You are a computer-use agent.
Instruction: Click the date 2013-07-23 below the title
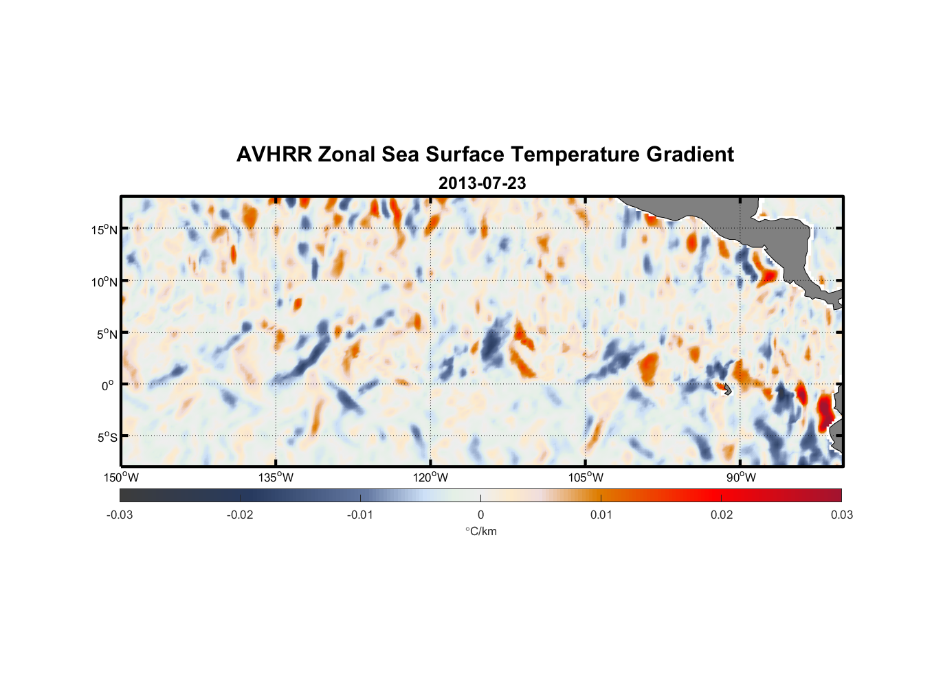point(482,183)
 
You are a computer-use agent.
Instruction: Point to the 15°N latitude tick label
point(104,229)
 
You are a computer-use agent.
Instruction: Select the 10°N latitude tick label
point(104,282)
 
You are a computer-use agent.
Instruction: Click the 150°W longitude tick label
point(122,477)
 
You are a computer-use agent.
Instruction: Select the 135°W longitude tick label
point(276,477)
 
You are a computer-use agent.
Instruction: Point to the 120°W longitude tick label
point(431,477)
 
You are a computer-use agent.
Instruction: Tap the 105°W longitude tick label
point(586,477)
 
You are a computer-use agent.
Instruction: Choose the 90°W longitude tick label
point(741,477)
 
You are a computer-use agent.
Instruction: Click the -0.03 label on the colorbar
point(120,515)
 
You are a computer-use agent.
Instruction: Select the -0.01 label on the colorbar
point(360,515)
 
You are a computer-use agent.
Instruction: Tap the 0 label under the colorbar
point(480,515)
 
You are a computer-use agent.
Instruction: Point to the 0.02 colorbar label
point(722,515)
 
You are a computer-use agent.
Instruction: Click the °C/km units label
point(480,531)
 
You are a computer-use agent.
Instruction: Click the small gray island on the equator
point(727,389)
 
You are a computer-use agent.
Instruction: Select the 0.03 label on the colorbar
point(841,515)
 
